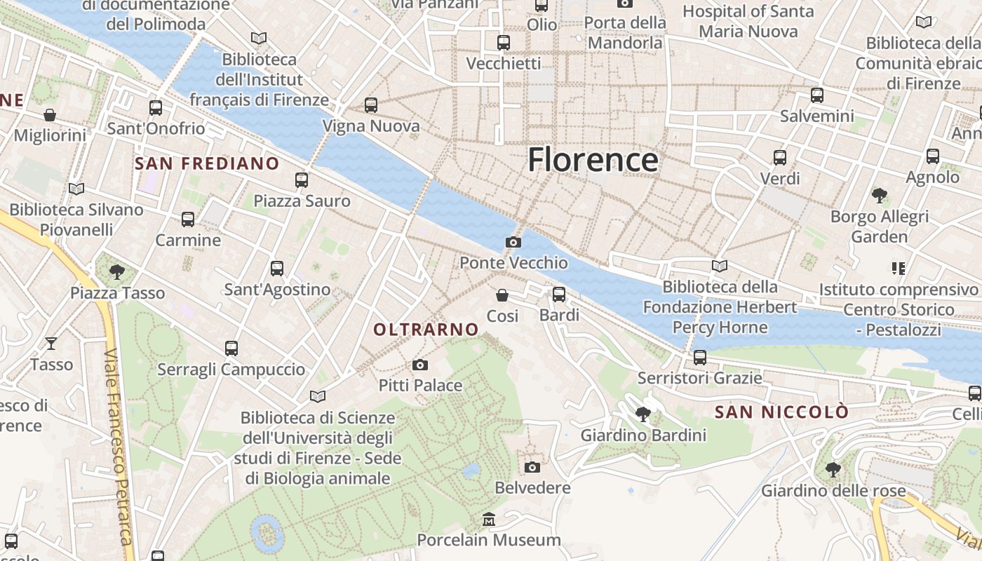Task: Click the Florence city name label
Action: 593,160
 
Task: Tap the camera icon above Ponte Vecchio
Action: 513,243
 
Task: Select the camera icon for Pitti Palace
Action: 420,365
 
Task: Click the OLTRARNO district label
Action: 426,330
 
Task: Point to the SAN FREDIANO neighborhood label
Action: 207,164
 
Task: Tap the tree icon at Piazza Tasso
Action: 117,271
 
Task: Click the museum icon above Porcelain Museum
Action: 489,520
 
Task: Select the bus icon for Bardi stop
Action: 559,295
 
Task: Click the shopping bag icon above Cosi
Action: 502,295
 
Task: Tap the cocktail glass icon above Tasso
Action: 51,343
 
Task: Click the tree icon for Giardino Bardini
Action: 643,414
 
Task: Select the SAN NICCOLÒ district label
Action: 781,412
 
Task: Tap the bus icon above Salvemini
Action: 817,95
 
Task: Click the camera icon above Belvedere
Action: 532,467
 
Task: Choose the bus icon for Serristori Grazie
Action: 699,358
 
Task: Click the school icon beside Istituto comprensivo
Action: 898,268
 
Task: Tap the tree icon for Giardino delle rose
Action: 833,469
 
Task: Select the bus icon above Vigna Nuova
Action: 371,105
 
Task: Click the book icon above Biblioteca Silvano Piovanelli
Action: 76,189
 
